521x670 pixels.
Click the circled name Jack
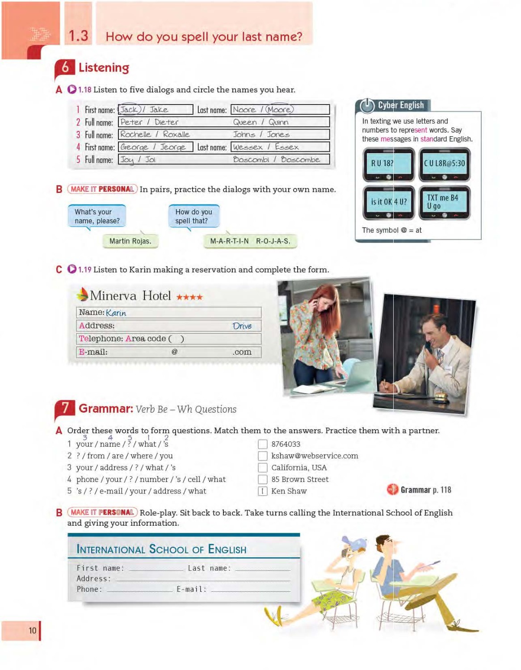(129, 109)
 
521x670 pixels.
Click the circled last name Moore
(279, 109)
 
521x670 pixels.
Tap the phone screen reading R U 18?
(388, 163)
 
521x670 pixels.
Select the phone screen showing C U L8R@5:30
(445, 163)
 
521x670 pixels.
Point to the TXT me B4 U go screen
(444, 202)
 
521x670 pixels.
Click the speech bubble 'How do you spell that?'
(194, 216)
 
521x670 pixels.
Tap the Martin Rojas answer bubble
(130, 241)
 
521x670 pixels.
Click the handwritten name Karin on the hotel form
(116, 313)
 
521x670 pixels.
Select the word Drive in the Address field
(242, 326)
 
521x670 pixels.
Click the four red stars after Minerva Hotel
(189, 297)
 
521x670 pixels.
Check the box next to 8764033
(263, 444)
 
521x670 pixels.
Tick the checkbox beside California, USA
(263, 468)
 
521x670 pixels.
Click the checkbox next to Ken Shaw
(263, 491)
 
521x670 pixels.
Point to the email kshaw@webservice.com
(315, 456)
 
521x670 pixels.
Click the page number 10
(33, 631)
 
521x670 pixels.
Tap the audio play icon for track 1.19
(72, 269)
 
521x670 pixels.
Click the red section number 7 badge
(65, 408)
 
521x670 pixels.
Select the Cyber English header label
(400, 105)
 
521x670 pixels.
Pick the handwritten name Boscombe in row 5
(300, 159)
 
